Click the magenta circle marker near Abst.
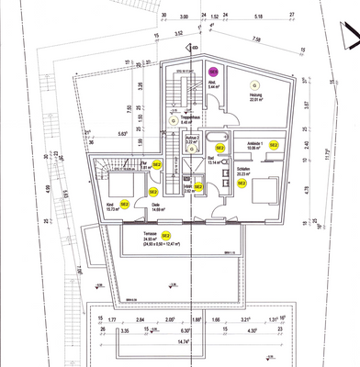(212, 71)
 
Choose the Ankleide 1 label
(254, 145)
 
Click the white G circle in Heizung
(254, 86)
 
